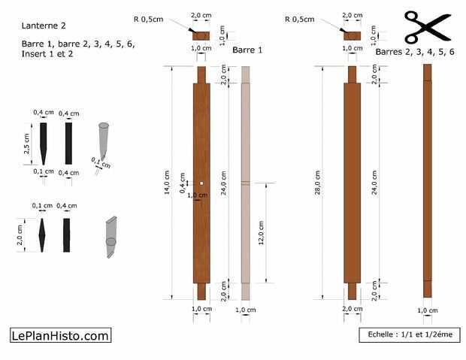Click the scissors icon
(428, 27)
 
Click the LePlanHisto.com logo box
(61, 335)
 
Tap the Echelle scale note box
(410, 334)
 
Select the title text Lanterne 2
(44, 26)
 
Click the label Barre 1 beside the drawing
(247, 50)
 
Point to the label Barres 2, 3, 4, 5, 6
(415, 52)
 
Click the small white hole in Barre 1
(201, 183)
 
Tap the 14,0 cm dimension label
(167, 182)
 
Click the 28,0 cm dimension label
(318, 182)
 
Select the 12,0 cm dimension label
(262, 233)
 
